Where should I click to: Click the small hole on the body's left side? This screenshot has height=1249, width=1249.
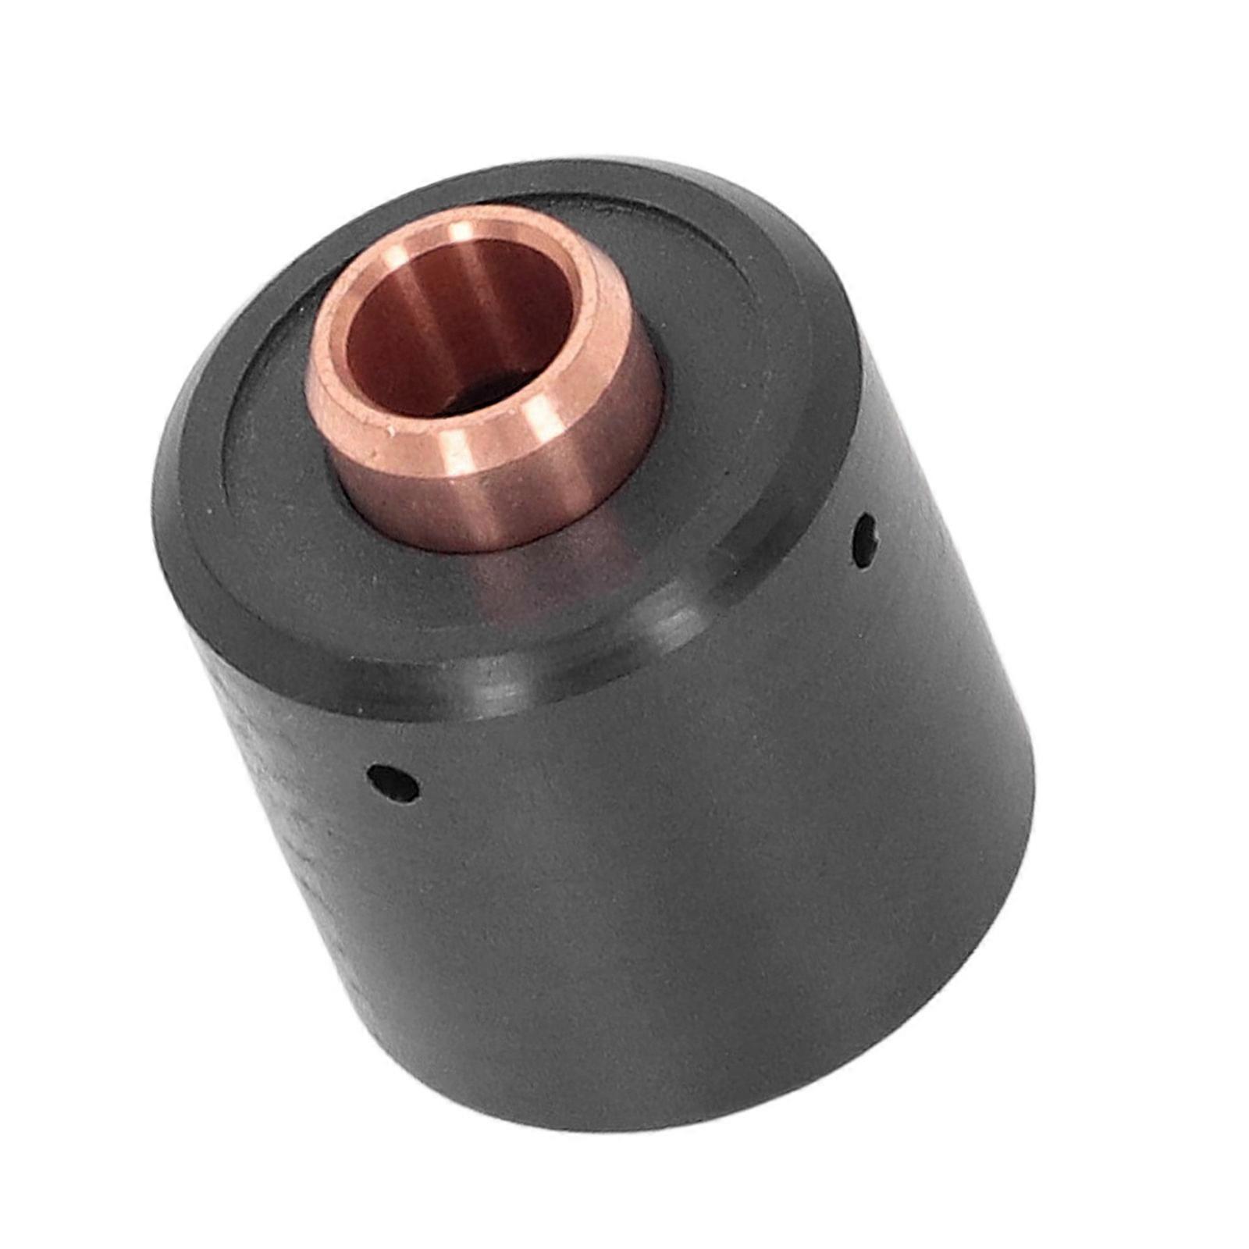pos(393,783)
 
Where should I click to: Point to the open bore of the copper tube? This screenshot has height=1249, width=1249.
pos(461,328)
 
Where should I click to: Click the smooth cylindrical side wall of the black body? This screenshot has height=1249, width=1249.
pos(664,898)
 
